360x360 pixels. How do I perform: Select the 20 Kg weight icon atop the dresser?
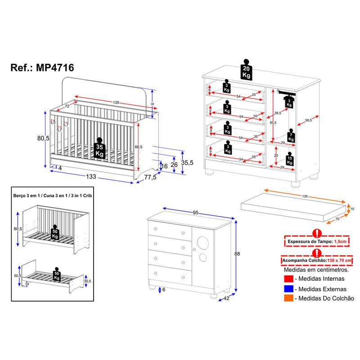[x=246, y=70]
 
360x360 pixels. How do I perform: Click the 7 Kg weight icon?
[x=291, y=137]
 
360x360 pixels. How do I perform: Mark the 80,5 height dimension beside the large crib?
[x=43, y=139]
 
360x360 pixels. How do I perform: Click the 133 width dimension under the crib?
[x=91, y=177]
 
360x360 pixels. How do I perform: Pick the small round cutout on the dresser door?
[x=203, y=257]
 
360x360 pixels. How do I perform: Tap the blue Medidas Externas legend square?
[x=288, y=289]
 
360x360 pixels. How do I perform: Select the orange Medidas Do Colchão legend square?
[x=288, y=298]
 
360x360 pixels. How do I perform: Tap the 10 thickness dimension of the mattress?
[x=352, y=209]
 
